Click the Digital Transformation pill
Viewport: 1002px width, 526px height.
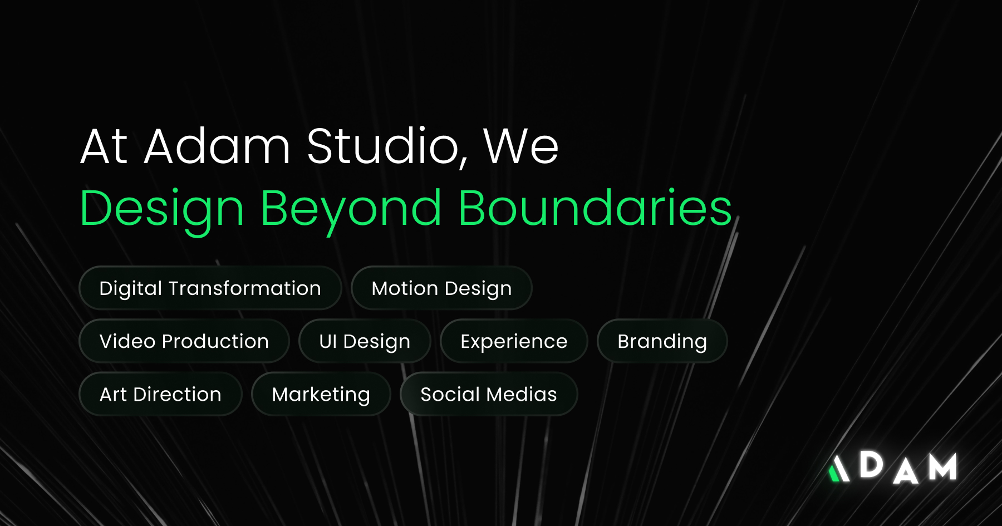210,288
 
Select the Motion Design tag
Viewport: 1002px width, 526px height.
441,288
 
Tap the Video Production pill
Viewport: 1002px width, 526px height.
184,341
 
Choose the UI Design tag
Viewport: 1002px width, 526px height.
365,341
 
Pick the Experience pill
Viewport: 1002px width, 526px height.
514,341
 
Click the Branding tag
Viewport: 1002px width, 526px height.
662,341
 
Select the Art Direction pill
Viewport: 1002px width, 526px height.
160,394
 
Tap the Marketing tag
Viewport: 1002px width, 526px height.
321,394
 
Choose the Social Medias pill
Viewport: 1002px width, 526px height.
489,394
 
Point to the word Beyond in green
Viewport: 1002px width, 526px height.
351,209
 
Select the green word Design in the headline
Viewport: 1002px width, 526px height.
162,209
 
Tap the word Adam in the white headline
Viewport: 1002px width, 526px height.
217,146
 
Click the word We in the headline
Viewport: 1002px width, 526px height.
520,146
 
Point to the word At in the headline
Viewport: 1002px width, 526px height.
105,146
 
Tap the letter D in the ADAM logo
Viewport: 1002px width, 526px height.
871,465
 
